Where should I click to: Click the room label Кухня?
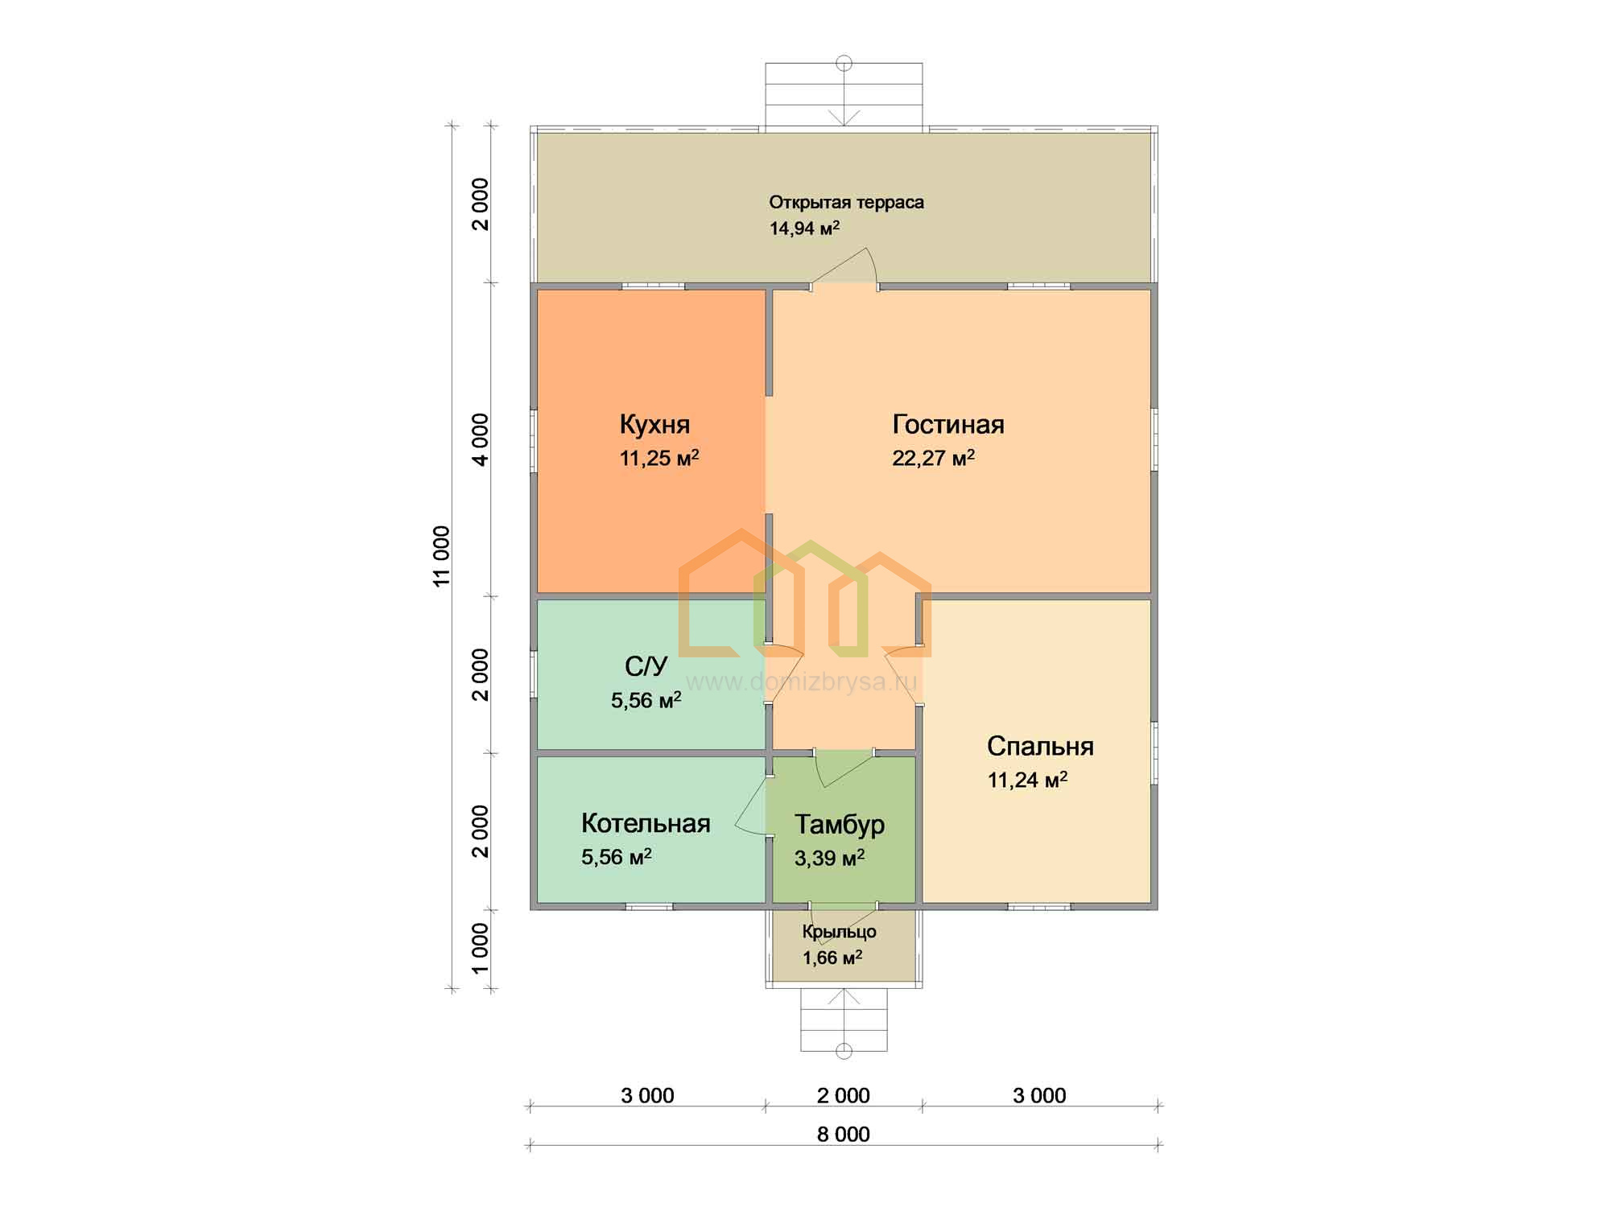pyautogui.click(x=654, y=424)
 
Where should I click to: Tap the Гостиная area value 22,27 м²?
pyautogui.click(x=933, y=458)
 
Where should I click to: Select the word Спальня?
pyautogui.click(x=1040, y=746)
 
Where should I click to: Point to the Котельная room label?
pyautogui.click(x=646, y=823)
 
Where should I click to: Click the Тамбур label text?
pyautogui.click(x=840, y=825)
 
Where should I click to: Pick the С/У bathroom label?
pyautogui.click(x=646, y=666)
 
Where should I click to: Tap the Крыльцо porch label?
pyautogui.click(x=839, y=932)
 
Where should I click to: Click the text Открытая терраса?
pyautogui.click(x=846, y=202)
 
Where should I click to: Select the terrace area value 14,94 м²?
pyautogui.click(x=804, y=228)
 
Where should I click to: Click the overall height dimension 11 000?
pyautogui.click(x=441, y=556)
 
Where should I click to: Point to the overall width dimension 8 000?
pyautogui.click(x=844, y=1134)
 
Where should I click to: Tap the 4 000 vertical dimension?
pyautogui.click(x=480, y=439)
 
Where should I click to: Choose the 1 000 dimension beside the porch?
pyautogui.click(x=480, y=948)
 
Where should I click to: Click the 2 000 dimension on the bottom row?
pyautogui.click(x=844, y=1095)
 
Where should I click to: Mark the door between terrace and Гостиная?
pyautogui.click(x=844, y=269)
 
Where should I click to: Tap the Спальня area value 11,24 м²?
pyautogui.click(x=1027, y=780)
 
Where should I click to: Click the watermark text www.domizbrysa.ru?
pyautogui.click(x=802, y=682)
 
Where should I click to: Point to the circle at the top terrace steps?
pyautogui.click(x=844, y=63)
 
